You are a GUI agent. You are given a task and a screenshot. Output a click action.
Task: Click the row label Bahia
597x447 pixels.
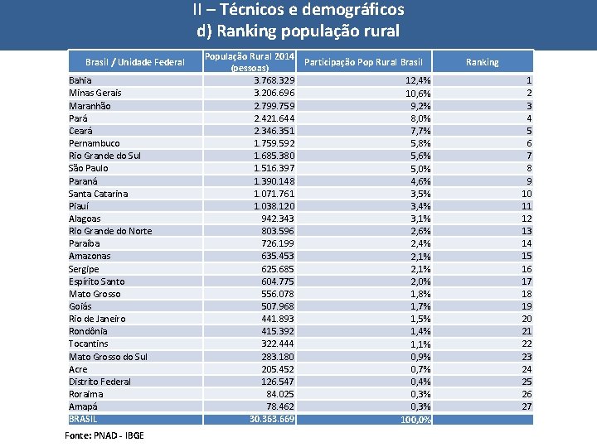(x=80, y=80)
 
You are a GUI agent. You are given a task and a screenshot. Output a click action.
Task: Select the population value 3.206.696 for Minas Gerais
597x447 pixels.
(x=274, y=93)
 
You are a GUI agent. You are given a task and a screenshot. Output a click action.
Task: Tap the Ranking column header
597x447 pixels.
(x=482, y=62)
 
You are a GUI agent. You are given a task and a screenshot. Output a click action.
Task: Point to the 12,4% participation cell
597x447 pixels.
(x=417, y=80)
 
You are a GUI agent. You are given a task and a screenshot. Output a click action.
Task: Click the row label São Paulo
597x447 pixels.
(x=88, y=168)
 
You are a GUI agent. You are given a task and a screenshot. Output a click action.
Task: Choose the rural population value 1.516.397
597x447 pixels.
(x=274, y=168)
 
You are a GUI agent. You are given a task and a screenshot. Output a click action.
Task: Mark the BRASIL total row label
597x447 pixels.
(x=83, y=419)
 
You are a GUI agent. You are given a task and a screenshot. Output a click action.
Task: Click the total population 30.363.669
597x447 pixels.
(x=272, y=419)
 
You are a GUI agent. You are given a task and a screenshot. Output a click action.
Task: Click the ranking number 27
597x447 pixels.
(x=527, y=406)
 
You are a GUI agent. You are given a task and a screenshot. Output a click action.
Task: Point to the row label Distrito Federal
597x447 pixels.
(x=99, y=382)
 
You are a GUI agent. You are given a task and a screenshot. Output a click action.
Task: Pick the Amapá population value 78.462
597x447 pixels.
(x=279, y=406)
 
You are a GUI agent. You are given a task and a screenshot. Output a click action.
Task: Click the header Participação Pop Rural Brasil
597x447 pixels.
(x=364, y=62)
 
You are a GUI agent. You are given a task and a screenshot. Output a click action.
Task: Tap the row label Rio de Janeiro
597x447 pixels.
(x=97, y=319)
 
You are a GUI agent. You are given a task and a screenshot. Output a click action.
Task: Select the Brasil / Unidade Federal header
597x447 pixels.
(x=135, y=62)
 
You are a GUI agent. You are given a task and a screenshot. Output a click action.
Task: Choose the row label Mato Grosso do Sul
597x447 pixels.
(x=108, y=357)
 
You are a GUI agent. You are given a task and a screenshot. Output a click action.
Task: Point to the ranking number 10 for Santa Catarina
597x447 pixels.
(x=527, y=194)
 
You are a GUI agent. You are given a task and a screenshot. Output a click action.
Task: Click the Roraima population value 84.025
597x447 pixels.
(x=279, y=394)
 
